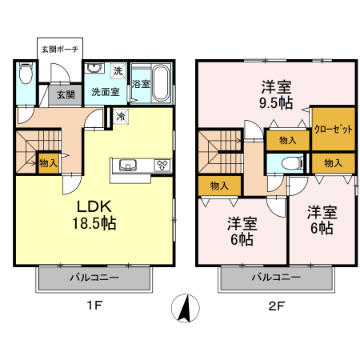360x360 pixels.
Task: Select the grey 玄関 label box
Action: [66, 94]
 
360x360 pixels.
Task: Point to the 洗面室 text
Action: [104, 92]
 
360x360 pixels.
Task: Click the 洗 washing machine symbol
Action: [118, 72]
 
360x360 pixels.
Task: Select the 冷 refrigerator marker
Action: [120, 117]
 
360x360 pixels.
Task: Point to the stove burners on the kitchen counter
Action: [162, 166]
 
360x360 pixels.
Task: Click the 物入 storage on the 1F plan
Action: [48, 162]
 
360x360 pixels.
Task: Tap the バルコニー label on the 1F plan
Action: [94, 278]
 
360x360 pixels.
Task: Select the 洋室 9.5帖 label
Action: [276, 94]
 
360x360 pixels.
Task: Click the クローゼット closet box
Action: [333, 128]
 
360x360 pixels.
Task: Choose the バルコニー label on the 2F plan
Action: [277, 278]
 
